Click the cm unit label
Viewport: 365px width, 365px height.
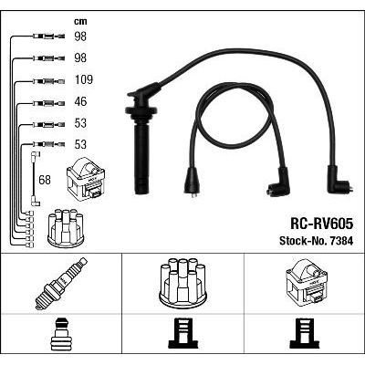click(80, 21)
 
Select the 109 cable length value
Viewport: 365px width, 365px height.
click(84, 79)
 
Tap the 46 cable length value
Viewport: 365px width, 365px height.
click(80, 101)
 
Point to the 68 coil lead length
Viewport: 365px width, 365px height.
click(45, 180)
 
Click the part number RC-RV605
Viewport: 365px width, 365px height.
click(322, 224)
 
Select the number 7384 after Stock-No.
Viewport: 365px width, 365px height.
click(340, 241)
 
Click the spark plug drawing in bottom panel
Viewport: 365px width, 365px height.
click(61, 284)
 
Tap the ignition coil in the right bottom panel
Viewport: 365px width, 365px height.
click(307, 281)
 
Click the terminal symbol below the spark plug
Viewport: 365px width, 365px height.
click(61, 334)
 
